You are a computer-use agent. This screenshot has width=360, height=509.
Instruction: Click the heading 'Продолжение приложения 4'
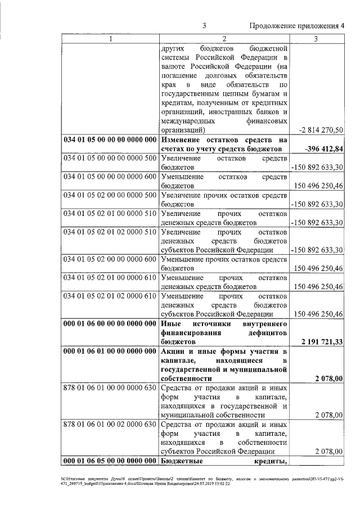(296, 26)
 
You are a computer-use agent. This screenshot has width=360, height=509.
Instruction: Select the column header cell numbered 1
(110, 39)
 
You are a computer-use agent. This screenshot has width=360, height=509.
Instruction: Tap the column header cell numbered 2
(223, 39)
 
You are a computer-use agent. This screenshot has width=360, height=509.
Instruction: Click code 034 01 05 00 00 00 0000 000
(110, 139)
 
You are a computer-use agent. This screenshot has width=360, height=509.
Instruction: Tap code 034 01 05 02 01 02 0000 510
(110, 232)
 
